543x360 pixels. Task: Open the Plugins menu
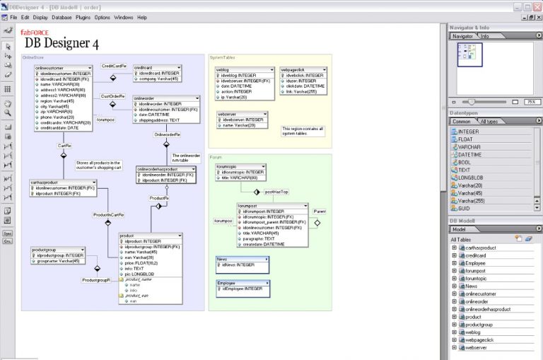[x=82, y=17]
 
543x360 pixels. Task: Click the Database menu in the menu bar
[x=62, y=17]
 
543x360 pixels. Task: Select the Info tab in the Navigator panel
[x=484, y=36]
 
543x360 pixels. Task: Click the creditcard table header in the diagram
[x=157, y=67]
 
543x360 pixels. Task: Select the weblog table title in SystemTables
[x=244, y=70]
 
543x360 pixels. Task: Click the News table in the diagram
[x=243, y=260]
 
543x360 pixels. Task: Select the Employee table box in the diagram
[x=243, y=284]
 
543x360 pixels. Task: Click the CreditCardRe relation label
[x=114, y=65]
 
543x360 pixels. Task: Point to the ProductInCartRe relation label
[x=109, y=214]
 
